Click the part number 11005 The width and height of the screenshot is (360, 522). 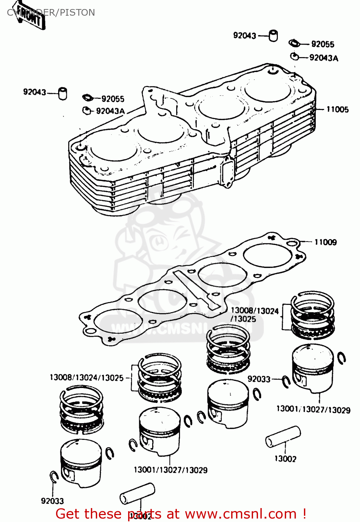point(337,109)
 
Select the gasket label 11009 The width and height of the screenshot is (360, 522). point(325,242)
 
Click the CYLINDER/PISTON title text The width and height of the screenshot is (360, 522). point(70,13)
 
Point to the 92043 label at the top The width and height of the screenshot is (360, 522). point(244,35)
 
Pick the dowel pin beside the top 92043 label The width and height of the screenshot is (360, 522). point(274,35)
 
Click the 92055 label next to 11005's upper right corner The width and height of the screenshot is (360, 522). point(322,44)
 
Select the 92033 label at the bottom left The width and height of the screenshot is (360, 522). point(52,501)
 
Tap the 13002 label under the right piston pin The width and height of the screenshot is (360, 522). point(285,459)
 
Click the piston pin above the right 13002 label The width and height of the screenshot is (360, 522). point(283,437)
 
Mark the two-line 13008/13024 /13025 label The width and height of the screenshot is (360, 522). point(254,315)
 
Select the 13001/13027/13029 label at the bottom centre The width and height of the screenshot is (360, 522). point(170,470)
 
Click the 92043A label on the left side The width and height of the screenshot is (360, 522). point(110,111)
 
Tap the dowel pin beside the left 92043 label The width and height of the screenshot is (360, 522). point(63,93)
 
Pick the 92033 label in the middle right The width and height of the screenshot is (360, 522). point(259,379)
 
